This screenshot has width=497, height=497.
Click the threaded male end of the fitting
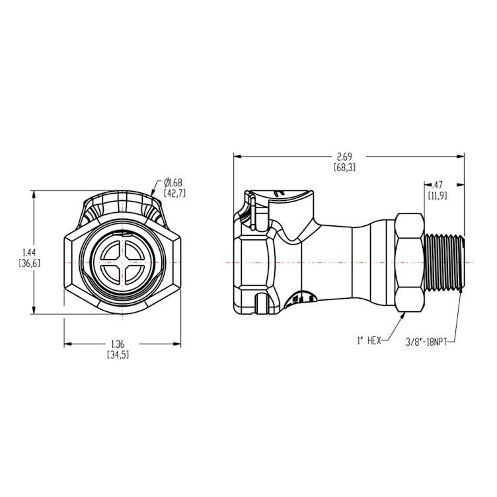(444, 262)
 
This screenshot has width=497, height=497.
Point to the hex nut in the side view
(410, 262)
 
